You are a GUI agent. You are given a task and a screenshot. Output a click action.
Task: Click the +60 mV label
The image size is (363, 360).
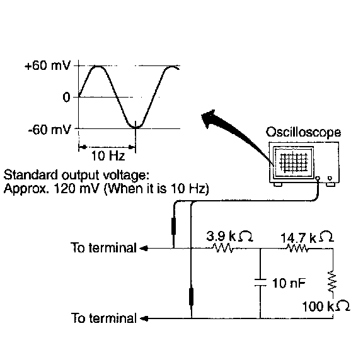[47, 66]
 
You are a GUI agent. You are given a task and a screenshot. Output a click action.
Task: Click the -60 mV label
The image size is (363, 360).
[49, 130]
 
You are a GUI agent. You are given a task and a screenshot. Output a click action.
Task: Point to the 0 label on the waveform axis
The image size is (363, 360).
[66, 97]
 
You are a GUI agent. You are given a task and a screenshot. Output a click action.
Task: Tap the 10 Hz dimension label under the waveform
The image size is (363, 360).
[108, 155]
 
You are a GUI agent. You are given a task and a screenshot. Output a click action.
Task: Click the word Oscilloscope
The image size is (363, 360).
[303, 133]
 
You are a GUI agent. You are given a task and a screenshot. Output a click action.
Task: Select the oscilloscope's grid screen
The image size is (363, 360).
[294, 163]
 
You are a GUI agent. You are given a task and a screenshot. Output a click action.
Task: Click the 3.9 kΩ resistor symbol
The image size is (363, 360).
[222, 249]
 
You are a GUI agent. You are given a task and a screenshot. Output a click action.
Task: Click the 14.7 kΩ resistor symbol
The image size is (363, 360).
[297, 249]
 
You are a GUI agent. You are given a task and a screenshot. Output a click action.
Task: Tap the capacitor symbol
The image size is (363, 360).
[260, 283]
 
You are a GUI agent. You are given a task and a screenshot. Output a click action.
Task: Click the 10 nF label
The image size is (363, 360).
[289, 283]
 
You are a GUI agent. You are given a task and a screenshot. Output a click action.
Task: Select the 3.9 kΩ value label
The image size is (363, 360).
[229, 236]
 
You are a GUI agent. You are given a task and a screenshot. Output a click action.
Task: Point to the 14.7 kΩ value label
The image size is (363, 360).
[307, 237]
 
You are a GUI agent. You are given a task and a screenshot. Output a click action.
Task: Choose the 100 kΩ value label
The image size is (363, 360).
[326, 306]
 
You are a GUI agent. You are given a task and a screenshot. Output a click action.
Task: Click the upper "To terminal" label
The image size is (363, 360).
[103, 247]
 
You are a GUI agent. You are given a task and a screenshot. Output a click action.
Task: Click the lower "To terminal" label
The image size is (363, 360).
[104, 318]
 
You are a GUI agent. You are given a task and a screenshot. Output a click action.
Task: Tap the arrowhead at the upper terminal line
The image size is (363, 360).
[144, 249]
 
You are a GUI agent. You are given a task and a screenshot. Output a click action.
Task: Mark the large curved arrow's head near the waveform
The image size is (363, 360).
[209, 118]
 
